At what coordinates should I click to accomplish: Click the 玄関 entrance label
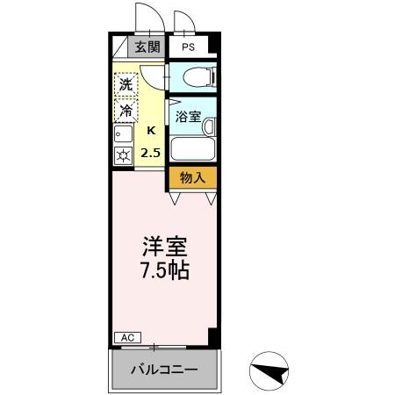point(147,47)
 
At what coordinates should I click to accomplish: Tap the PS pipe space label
point(188,47)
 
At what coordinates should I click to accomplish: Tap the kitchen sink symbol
point(122,134)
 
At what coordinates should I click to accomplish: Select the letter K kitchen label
point(151,132)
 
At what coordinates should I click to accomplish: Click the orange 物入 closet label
point(191,178)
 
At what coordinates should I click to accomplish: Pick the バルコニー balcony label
point(164,369)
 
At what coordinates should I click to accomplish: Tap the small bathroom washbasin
point(209,126)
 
